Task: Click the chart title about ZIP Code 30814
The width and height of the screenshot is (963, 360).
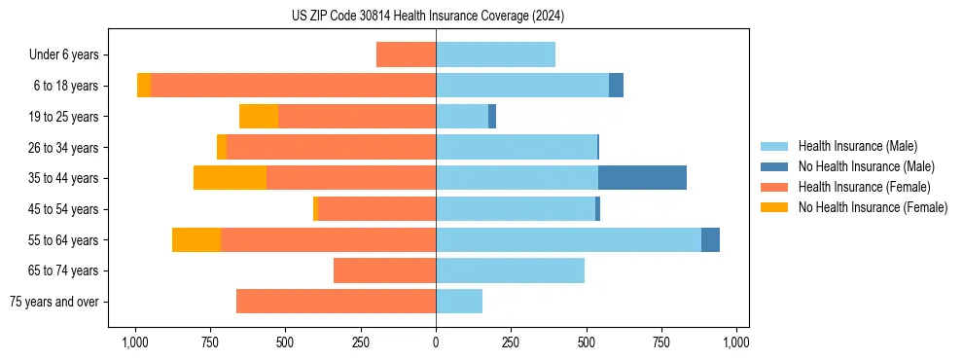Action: click(x=428, y=16)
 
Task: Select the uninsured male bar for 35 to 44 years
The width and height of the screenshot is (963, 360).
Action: click(x=642, y=178)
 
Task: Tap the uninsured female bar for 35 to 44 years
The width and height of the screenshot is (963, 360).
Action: click(x=230, y=178)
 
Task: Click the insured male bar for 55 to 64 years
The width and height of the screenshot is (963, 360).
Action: click(x=568, y=239)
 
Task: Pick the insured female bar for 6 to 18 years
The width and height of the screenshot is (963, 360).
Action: click(x=293, y=86)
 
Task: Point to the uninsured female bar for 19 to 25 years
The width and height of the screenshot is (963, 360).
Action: click(x=259, y=117)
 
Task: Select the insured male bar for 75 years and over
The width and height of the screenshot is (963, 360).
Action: click(x=459, y=302)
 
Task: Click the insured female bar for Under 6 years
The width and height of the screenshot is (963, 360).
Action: click(x=406, y=54)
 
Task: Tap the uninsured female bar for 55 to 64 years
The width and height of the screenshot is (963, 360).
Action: click(x=196, y=239)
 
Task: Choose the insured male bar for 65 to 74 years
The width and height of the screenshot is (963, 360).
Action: click(x=510, y=270)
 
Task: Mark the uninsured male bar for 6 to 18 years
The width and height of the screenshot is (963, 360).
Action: click(x=616, y=86)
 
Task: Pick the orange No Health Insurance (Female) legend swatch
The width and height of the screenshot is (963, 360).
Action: click(x=775, y=207)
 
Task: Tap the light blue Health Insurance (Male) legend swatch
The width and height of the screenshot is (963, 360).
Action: click(x=775, y=146)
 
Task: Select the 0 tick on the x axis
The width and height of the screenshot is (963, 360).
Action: click(x=436, y=342)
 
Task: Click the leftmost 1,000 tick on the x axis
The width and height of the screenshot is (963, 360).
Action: click(x=134, y=342)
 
